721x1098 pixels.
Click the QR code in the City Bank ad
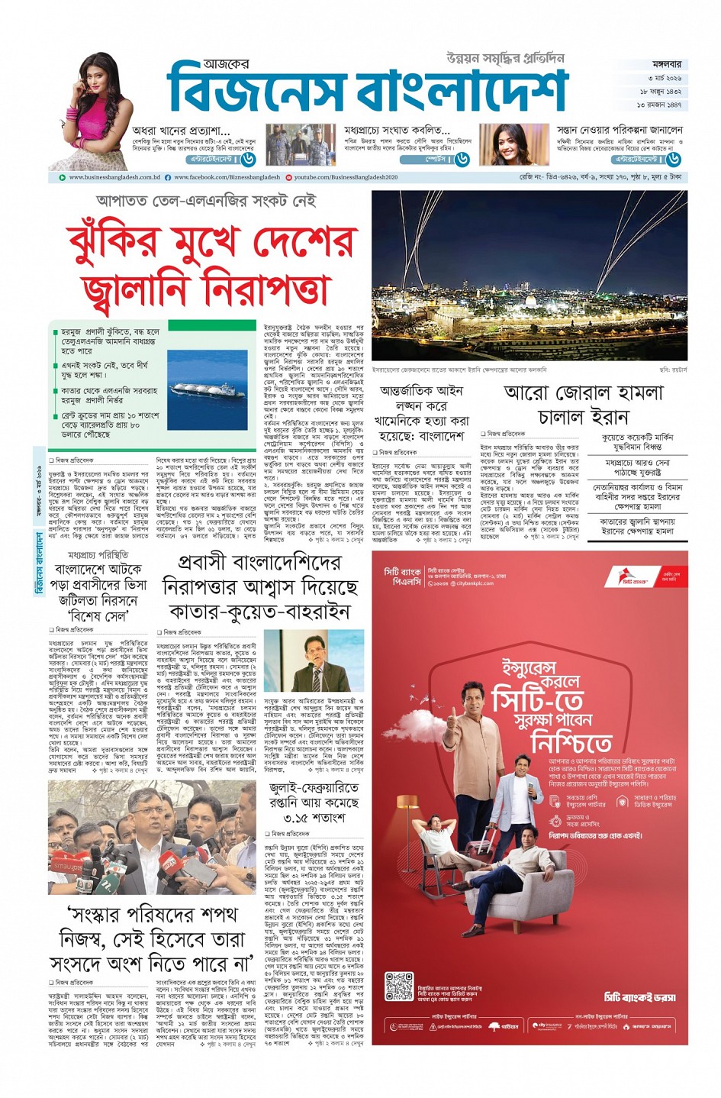pos(398,986)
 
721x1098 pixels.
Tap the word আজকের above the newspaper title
pos(226,66)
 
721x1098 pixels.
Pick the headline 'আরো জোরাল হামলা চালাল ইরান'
pos(583,405)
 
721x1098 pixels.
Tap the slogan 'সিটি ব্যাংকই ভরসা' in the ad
pos(639,997)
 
